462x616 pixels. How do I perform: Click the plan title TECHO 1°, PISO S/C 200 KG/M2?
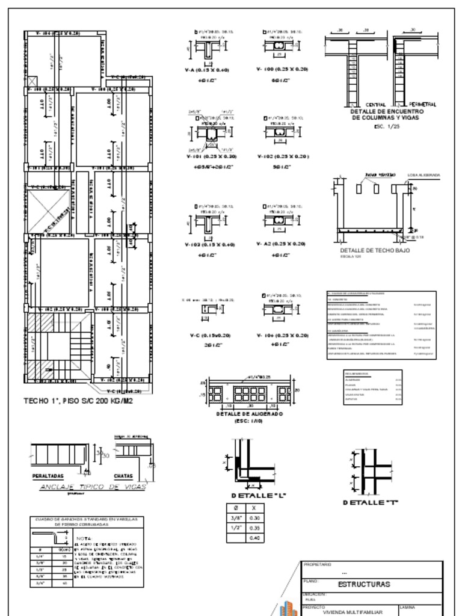click(x=78, y=400)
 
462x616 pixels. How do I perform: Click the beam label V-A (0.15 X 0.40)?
click(x=207, y=69)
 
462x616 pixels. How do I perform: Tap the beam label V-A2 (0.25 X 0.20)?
click(x=282, y=244)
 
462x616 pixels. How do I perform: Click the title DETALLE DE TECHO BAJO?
click(x=375, y=250)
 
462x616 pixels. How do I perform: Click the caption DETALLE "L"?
click(x=250, y=495)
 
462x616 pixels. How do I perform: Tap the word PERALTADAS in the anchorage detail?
click(x=48, y=475)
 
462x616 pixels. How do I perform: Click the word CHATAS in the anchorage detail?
click(x=124, y=475)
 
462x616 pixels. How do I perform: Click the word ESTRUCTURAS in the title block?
click(x=364, y=584)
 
